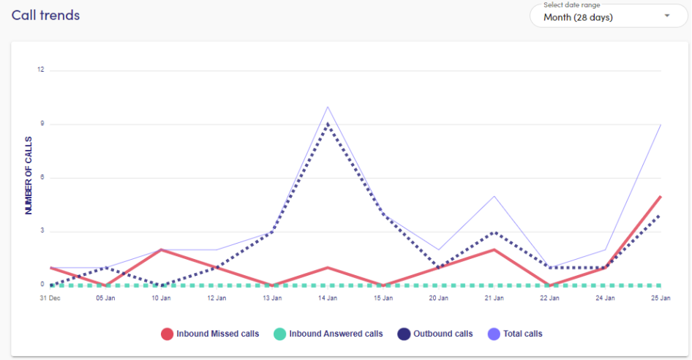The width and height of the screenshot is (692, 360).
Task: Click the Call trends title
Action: pos(45,15)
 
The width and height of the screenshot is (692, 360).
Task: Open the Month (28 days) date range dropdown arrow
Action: pos(666,16)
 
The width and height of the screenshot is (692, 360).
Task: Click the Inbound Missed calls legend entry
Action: pos(210,334)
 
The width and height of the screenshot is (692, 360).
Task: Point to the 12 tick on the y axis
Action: pos(41,70)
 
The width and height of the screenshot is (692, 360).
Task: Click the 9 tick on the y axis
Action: pos(42,124)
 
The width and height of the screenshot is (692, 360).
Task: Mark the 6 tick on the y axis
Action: pos(42,178)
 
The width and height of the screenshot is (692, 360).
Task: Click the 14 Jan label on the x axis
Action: pos(328,298)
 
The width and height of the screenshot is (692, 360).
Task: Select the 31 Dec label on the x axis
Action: pos(50,298)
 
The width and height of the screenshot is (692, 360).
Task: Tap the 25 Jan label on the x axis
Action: pos(661,298)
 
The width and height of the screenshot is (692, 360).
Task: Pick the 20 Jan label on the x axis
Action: pos(439,298)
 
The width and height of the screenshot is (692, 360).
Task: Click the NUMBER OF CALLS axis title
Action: pos(29,175)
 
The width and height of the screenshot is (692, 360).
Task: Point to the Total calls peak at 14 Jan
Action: pos(328,107)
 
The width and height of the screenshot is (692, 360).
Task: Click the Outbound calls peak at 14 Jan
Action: pos(328,124)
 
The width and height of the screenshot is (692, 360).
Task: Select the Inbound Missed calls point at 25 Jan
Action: pos(661,196)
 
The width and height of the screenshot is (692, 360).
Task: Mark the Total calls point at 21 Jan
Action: pos(494,196)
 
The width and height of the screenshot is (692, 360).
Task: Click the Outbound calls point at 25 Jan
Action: pos(661,214)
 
